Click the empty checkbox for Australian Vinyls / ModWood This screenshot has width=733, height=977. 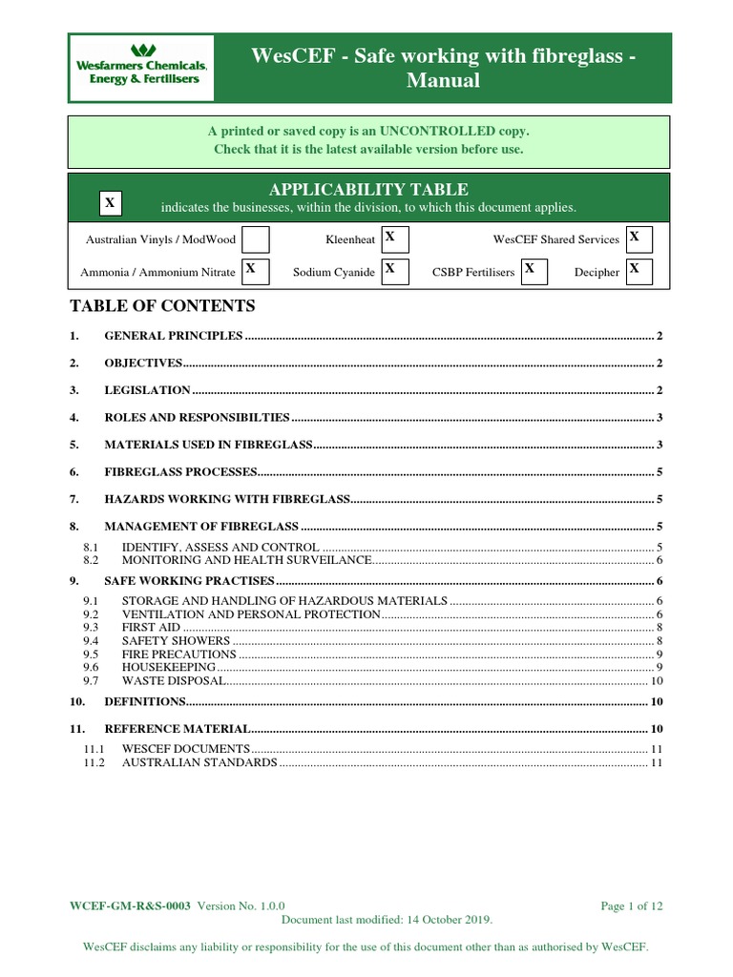point(255,239)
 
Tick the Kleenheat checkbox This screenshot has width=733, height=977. point(394,239)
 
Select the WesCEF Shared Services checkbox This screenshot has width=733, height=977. point(639,239)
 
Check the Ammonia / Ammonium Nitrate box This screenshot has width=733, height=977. point(254,271)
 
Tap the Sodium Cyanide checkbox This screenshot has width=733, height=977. point(394,271)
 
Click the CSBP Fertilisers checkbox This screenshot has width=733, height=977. point(534,271)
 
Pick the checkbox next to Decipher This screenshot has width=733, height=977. point(639,271)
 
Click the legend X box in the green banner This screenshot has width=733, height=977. point(111,203)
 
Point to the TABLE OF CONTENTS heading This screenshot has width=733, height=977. point(163,306)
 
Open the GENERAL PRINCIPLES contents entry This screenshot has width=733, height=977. point(174,337)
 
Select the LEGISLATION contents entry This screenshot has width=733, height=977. point(147,390)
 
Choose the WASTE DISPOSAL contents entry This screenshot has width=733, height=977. point(173,680)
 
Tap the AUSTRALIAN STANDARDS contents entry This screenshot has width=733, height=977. point(199,763)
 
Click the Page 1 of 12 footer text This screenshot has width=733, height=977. point(631,905)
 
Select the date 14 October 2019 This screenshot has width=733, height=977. point(449,920)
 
